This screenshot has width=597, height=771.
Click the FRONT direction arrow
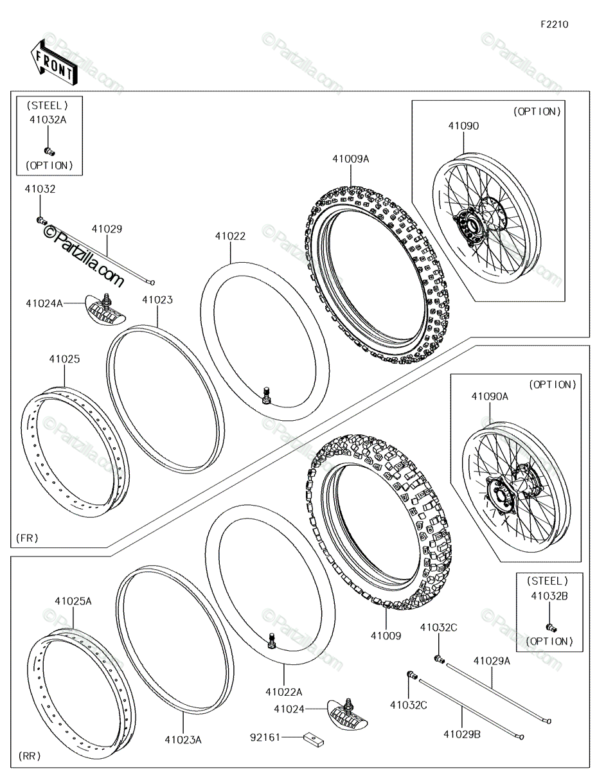pos(53,63)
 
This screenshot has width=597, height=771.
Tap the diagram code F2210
pos(555,24)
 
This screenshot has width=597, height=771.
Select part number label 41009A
pos(350,159)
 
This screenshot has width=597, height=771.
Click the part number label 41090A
pos(490,396)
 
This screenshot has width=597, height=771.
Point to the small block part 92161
pos(314,738)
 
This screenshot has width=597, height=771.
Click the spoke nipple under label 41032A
pos(49,152)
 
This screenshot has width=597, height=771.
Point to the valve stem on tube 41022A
pos(272,641)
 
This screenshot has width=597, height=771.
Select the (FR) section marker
pos(28,538)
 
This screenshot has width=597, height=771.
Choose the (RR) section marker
pos(30,756)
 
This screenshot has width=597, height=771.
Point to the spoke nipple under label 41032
pos(42,220)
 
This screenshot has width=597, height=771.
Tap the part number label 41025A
pos(73,601)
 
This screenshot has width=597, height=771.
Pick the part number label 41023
pos(157,300)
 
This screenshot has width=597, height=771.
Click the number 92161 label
pos(265,738)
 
